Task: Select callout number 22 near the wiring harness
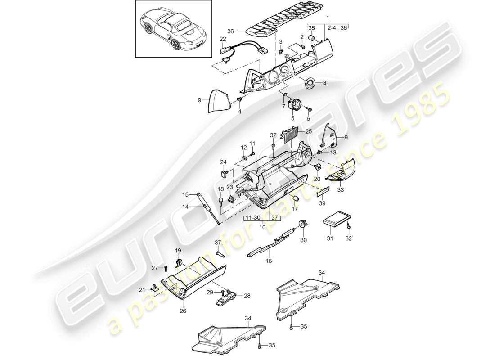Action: pyautogui.click(x=223, y=39)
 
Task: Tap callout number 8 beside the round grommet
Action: pyautogui.click(x=324, y=83)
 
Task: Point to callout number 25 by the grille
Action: pyautogui.click(x=308, y=131)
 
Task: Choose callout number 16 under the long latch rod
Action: pyautogui.click(x=269, y=261)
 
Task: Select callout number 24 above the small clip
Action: pyautogui.click(x=224, y=162)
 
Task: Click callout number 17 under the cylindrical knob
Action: pyautogui.click(x=295, y=209)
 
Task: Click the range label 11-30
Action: pyautogui.click(x=253, y=218)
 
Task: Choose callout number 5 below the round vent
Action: pyautogui.click(x=292, y=118)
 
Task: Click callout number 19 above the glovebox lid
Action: pyautogui.click(x=178, y=250)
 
